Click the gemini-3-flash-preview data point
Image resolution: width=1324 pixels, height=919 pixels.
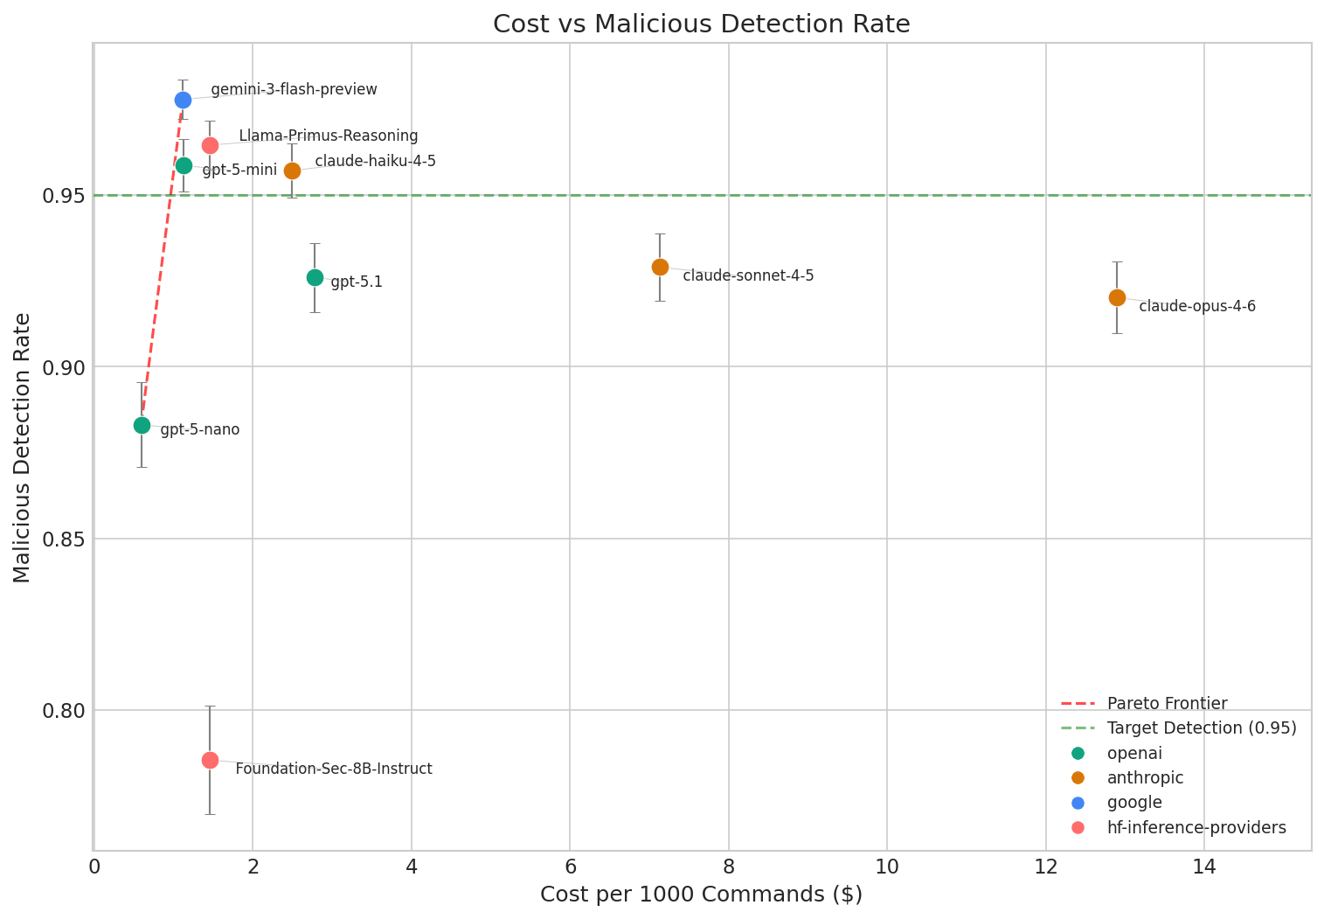pyautogui.click(x=183, y=100)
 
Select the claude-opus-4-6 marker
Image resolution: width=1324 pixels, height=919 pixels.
pyautogui.click(x=1117, y=297)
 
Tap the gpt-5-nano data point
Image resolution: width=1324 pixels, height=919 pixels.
pyautogui.click(x=142, y=425)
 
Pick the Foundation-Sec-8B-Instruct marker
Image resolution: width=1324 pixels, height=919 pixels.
pyautogui.click(x=210, y=760)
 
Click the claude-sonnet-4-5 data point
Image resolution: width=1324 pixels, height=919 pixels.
pyautogui.click(x=660, y=267)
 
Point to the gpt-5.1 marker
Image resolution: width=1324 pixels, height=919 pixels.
pyautogui.click(x=315, y=277)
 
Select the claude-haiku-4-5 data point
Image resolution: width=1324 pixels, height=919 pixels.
pyautogui.click(x=292, y=171)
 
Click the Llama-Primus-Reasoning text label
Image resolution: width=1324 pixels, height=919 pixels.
pyautogui.click(x=328, y=136)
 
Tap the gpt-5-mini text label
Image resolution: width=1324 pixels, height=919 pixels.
pyautogui.click(x=239, y=170)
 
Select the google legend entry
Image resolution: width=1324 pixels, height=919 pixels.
pyautogui.click(x=1133, y=803)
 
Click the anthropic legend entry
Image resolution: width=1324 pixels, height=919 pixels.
pyautogui.click(x=1144, y=778)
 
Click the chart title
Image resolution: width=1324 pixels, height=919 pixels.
pyautogui.click(x=701, y=24)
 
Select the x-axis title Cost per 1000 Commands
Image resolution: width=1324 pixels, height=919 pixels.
pyautogui.click(x=701, y=895)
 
